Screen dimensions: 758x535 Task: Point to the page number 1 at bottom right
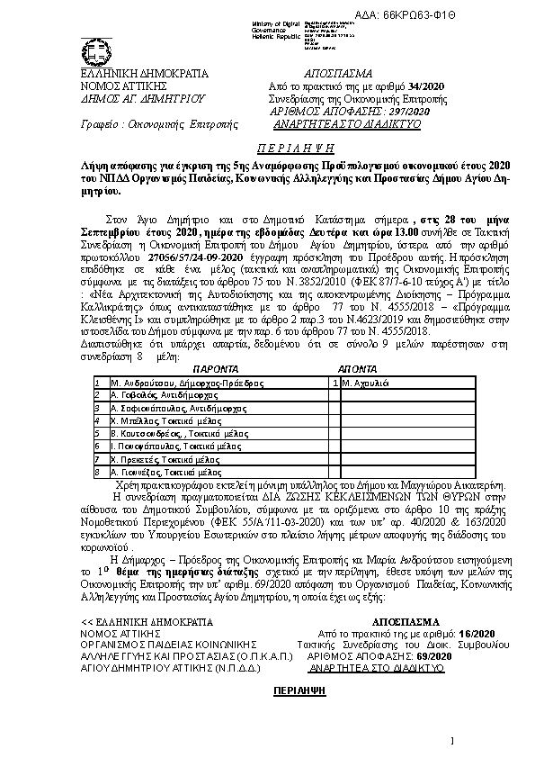[x=454, y=740]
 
